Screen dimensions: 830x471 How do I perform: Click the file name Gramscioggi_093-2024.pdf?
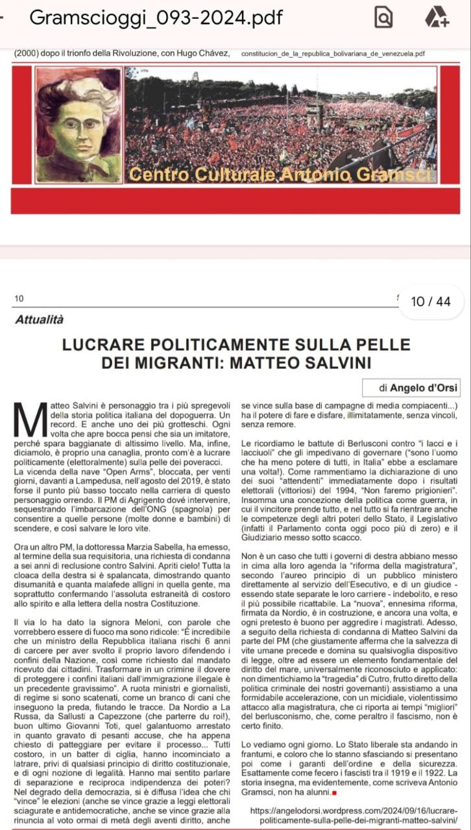[156, 18]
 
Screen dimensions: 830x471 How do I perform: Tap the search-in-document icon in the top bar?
[384, 18]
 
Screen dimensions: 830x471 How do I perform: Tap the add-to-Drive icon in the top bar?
[437, 18]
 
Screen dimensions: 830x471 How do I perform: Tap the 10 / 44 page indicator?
[431, 302]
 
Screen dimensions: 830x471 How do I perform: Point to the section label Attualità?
[40, 319]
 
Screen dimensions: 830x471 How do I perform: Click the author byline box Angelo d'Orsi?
[411, 388]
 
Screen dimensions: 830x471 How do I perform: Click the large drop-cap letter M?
[30, 420]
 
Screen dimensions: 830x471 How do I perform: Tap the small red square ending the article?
[334, 792]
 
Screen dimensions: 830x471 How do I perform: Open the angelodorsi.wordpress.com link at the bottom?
[354, 816]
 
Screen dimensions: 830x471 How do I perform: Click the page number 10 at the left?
[18, 298]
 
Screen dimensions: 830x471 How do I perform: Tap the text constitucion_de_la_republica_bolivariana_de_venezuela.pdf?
[333, 53]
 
